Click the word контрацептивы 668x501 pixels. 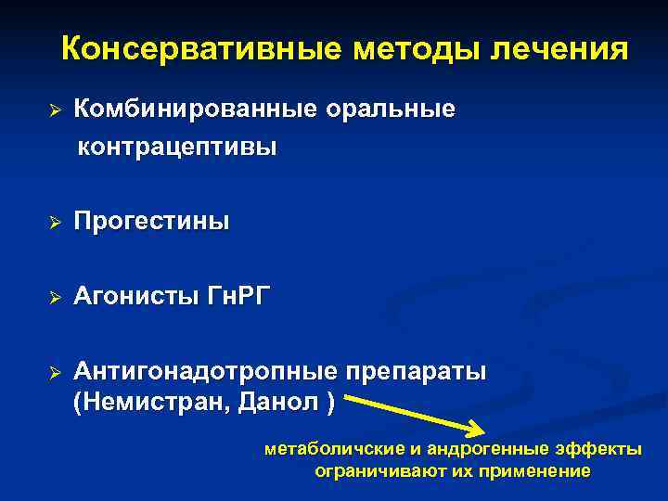176,148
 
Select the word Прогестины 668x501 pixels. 151,223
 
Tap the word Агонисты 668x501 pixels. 135,297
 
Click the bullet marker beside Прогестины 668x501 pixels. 55,224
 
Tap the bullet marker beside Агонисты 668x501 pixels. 55,298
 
